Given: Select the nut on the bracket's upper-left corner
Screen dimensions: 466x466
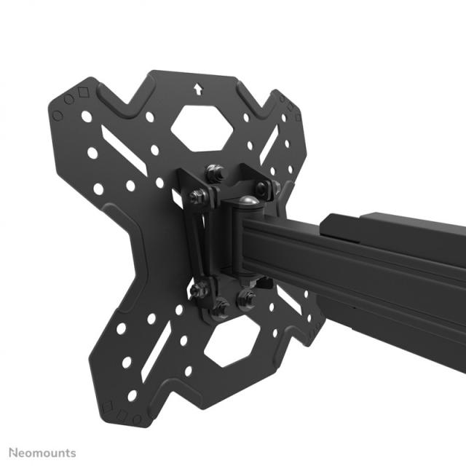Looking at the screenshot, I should [197, 197].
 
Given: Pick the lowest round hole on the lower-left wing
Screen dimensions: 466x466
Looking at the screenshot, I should [133, 395].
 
